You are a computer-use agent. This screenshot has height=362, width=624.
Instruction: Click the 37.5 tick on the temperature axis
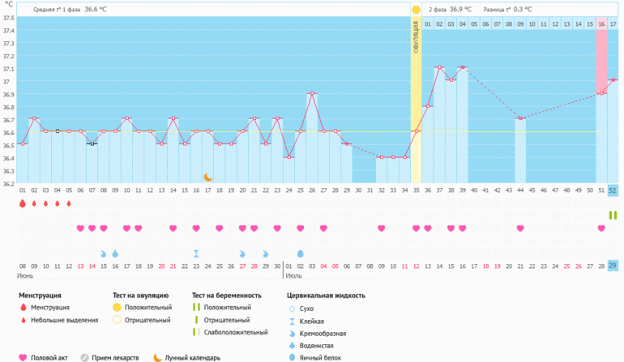pos(8,18)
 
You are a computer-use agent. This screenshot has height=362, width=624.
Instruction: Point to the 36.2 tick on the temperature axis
pos(8,184)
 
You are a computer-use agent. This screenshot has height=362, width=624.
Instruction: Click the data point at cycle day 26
pos(312,94)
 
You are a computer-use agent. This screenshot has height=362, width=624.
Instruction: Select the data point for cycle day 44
pos(520,119)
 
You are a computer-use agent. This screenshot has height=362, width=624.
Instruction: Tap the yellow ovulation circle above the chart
pos(416,10)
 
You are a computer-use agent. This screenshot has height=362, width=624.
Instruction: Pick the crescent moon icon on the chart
pos(207,177)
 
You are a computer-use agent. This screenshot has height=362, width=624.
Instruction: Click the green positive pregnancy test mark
pos(613,214)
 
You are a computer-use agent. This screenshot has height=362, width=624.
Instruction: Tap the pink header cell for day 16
pos(601,24)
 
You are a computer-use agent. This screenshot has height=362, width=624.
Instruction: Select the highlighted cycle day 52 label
pos(613,190)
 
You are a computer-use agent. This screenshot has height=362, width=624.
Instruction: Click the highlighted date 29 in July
pos(613,266)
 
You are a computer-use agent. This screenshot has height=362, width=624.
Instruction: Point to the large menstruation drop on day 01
pos(23,204)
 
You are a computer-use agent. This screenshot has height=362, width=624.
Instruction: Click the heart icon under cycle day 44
pos(520,228)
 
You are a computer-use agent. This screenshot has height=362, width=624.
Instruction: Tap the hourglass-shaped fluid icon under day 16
pos(196,253)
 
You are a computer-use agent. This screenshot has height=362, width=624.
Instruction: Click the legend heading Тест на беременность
pos(227,296)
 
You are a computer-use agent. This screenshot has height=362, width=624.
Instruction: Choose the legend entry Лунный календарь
pos(192,357)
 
